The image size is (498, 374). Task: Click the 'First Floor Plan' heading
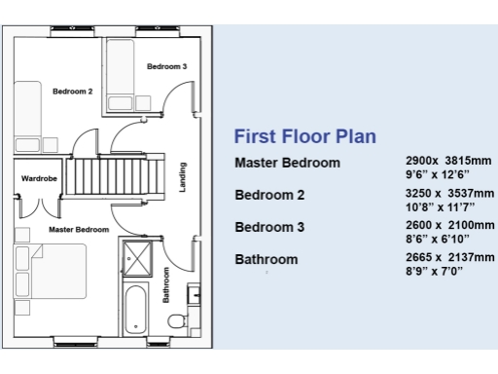tap(304, 136)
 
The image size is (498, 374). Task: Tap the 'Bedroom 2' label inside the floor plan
tap(72, 92)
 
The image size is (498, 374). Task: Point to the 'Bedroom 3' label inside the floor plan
tap(166, 66)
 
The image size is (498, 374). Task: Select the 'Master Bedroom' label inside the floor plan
tap(78, 229)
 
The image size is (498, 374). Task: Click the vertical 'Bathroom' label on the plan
tap(166, 284)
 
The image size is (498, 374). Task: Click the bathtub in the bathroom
tap(135, 310)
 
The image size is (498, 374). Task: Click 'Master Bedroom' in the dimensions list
tap(287, 163)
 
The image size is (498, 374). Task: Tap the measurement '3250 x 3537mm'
tap(448, 194)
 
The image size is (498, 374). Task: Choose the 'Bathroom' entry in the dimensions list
tap(267, 260)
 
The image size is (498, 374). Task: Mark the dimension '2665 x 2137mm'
tap(448, 258)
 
